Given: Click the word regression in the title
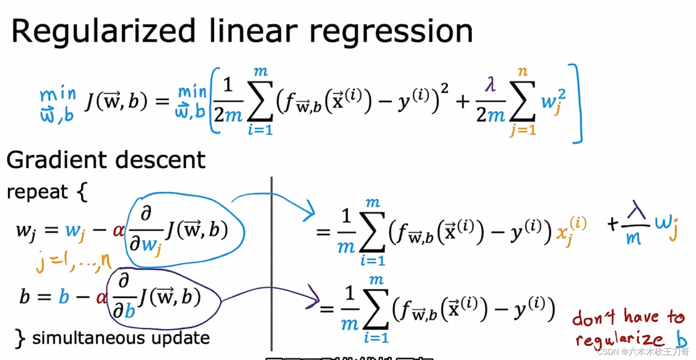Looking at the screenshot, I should [391, 31].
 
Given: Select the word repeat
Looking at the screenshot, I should [37, 192].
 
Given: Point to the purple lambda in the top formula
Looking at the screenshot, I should [490, 84].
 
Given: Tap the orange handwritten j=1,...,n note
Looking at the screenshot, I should [74, 262].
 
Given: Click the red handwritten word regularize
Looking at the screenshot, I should [619, 339].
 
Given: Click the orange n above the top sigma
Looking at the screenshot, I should [523, 71].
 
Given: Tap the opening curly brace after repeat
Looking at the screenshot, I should [82, 192].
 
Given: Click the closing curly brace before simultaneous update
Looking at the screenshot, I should [20, 338].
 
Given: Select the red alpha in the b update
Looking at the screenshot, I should [101, 298].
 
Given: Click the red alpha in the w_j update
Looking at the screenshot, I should [118, 230].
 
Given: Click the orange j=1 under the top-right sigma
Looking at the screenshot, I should [523, 130].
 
